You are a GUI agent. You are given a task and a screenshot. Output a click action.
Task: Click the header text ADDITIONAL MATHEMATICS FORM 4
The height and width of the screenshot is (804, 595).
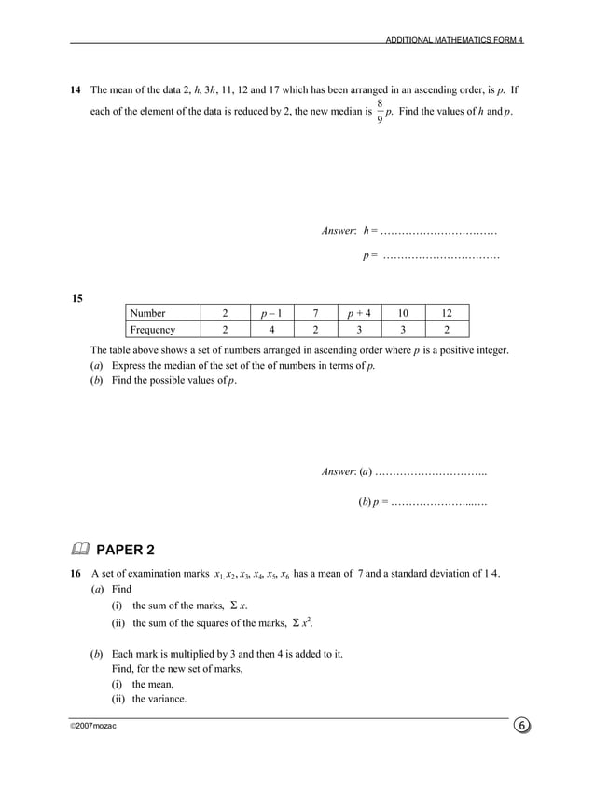(454, 40)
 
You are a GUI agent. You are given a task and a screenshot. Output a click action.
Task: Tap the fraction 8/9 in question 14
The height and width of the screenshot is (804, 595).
(380, 113)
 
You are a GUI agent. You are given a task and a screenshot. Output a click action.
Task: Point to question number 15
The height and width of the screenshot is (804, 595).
(77, 298)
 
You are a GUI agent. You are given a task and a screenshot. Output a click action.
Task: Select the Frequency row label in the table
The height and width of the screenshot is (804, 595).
(153, 330)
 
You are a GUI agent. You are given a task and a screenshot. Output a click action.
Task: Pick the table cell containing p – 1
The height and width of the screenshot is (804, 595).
(270, 313)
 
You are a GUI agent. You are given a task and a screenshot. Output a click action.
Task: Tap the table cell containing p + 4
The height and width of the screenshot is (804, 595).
(358, 313)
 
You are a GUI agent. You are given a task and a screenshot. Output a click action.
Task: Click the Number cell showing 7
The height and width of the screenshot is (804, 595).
(316, 313)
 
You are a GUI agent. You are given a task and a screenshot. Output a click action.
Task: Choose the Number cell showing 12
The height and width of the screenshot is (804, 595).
(446, 313)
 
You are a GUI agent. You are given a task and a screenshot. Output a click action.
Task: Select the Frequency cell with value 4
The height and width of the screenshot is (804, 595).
(270, 330)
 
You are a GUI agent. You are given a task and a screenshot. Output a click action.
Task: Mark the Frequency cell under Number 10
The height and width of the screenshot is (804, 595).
(402, 330)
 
